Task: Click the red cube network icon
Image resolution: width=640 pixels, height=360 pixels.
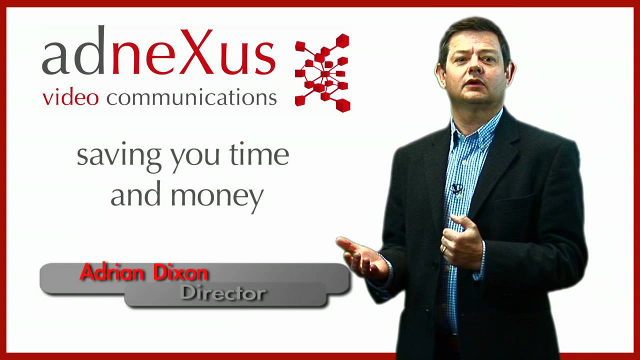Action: pos(323,72)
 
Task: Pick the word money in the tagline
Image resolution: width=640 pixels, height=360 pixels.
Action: pos(216,195)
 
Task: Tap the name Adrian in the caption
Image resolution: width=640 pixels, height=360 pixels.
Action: pos(109,273)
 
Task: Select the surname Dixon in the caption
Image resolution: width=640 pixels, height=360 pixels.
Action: pos(182,273)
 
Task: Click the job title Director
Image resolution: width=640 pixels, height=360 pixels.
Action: pos(222,293)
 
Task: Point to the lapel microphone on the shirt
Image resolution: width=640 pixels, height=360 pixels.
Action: pos(456,189)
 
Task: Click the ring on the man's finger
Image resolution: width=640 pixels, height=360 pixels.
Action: pos(443,248)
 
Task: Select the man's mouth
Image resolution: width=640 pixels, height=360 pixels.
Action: pos(474,83)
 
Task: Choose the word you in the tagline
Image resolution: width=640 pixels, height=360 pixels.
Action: pos(195,156)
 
